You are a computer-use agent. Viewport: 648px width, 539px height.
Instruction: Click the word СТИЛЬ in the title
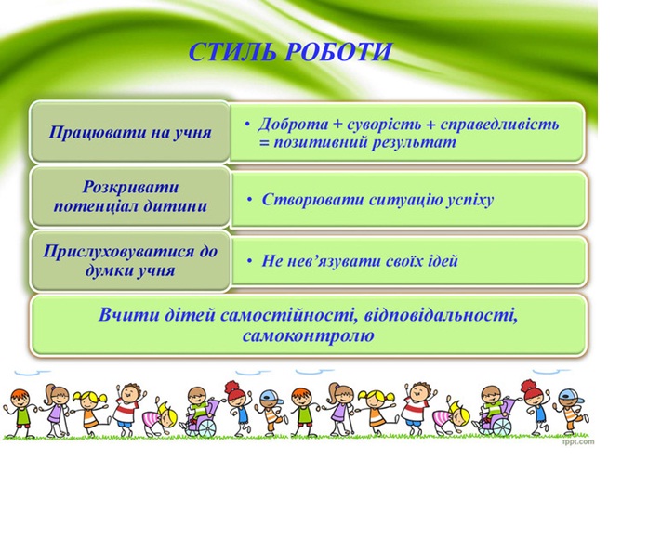[232, 52]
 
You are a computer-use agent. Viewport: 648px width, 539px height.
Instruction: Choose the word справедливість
[499, 125]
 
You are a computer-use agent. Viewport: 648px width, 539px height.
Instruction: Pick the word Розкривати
[130, 187]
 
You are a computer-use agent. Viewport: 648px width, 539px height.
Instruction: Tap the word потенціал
[96, 206]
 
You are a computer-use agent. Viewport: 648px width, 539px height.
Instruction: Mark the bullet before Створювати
[249, 200]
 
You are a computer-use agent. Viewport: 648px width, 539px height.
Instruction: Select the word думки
[107, 271]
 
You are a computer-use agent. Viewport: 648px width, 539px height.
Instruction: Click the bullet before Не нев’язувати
[249, 261]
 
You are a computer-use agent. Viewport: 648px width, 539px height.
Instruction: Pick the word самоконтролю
[309, 335]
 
